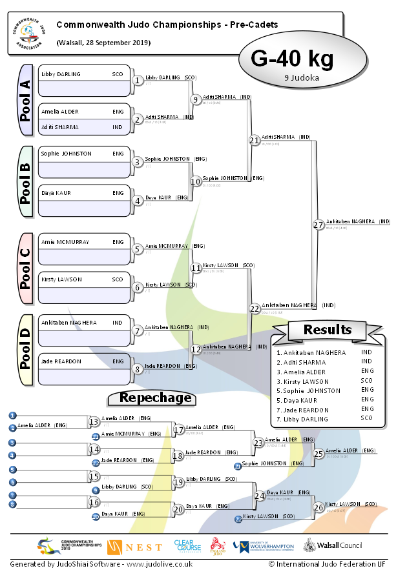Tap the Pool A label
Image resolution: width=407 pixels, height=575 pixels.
click(25, 100)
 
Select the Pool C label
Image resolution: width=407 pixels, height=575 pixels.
click(25, 268)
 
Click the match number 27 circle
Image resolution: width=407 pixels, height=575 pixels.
click(318, 225)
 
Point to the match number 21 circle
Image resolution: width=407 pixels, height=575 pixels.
click(255, 139)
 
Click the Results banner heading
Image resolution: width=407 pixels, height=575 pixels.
click(328, 330)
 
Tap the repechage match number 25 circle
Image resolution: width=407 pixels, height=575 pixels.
click(318, 453)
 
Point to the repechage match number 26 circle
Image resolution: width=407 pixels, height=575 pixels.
click(318, 507)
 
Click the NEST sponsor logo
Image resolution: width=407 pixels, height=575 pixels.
click(135, 547)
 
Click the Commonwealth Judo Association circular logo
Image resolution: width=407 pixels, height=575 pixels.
click(28, 32)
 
